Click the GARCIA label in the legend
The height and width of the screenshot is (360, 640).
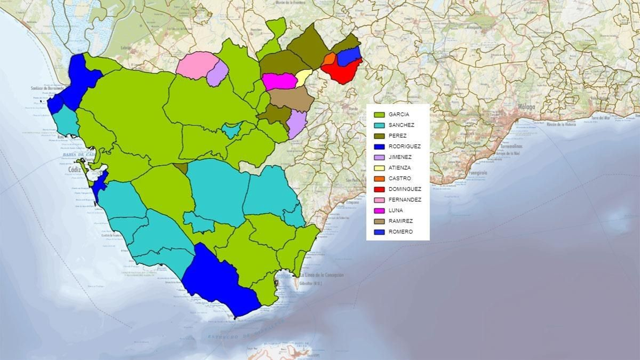point(398,114)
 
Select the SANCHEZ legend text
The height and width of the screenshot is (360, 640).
point(401,125)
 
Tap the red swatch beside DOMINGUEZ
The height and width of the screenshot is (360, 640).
point(379,189)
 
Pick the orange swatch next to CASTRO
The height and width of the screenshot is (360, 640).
point(379,179)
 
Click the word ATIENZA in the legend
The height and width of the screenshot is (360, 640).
point(399,168)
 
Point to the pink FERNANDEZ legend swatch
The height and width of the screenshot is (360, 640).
point(379,200)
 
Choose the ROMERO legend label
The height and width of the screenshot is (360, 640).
point(400,232)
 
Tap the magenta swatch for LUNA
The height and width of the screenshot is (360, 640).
point(379,211)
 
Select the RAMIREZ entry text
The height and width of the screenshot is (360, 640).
point(400,221)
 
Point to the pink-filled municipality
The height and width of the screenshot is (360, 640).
point(195,65)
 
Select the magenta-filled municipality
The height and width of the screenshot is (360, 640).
point(278,81)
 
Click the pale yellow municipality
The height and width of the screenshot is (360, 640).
point(304,77)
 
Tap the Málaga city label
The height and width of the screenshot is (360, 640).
point(526,107)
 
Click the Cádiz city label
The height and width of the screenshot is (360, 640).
point(74,170)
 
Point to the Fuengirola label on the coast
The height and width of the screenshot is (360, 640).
point(478,173)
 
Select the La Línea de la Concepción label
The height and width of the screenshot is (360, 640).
point(322,275)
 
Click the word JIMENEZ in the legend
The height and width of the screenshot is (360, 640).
point(400,157)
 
